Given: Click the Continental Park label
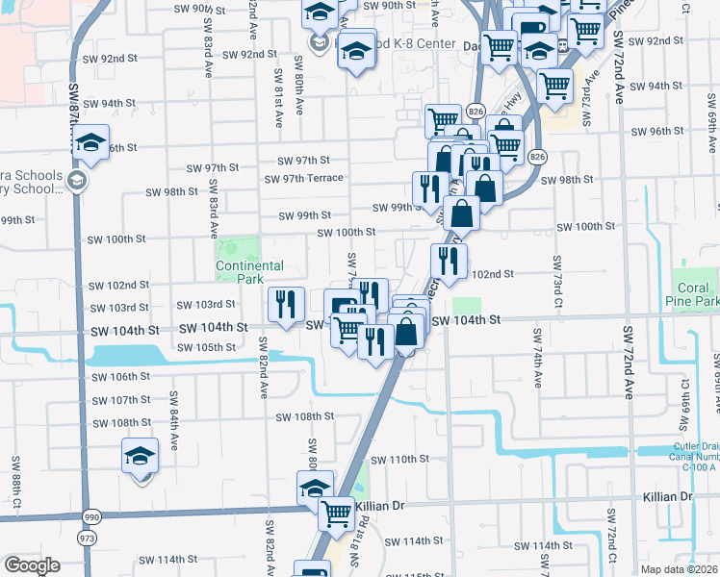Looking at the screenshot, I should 249,272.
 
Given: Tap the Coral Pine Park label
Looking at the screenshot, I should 693,294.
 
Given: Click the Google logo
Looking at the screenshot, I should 32,565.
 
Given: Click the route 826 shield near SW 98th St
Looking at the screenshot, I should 537,157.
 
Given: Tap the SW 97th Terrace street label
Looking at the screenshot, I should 304,179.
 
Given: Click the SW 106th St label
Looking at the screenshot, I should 118,377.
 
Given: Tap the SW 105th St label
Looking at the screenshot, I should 208,346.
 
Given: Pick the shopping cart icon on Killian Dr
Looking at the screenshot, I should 337,514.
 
